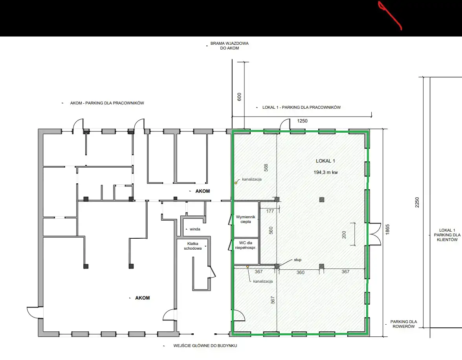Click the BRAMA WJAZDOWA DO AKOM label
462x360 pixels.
(229, 46)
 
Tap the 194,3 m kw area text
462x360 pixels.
(326, 172)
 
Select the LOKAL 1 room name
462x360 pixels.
(325, 161)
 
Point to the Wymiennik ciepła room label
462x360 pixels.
(246, 219)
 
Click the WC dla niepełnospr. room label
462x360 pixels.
(246, 245)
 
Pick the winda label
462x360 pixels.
(195, 229)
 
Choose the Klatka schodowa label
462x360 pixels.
(192, 246)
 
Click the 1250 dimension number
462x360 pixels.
(302, 121)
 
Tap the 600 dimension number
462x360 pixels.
(239, 97)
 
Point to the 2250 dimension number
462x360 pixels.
(417, 202)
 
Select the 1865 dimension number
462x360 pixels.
(387, 229)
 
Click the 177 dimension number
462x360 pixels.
(270, 211)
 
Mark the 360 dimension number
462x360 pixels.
(300, 272)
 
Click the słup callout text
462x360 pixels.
(298, 259)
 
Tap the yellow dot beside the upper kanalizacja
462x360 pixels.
(236, 183)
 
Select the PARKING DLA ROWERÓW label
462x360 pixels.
(403, 324)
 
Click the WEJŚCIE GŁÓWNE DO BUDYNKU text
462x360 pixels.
(205, 345)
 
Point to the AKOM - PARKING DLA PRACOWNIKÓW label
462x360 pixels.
(107, 103)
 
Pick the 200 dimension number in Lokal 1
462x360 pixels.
(344, 235)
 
